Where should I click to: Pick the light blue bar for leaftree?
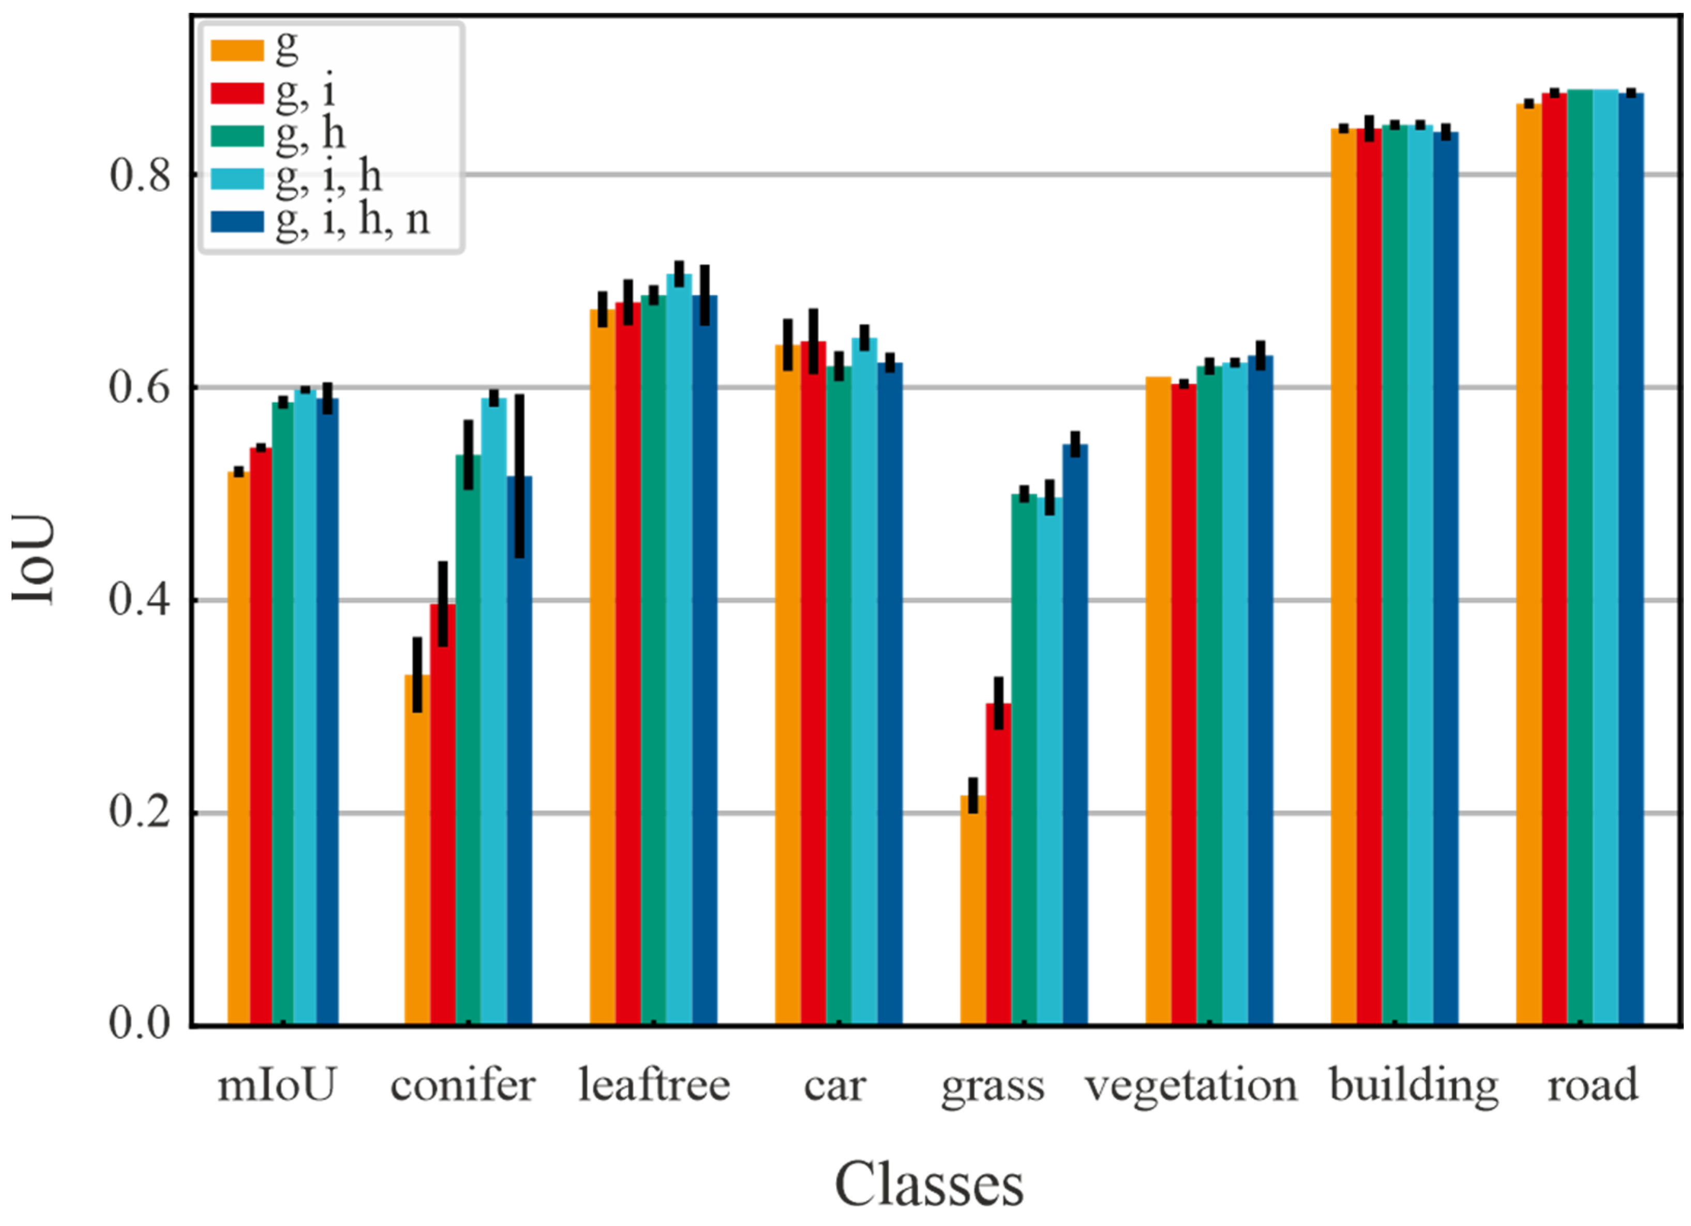(x=679, y=648)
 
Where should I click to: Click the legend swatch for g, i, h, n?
(x=237, y=221)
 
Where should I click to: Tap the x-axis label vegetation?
(x=1191, y=1086)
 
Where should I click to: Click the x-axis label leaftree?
(x=654, y=1086)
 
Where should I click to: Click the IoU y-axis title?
(x=34, y=559)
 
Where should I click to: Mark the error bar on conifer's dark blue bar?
(x=520, y=477)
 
